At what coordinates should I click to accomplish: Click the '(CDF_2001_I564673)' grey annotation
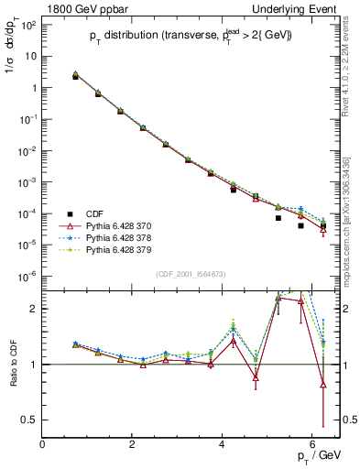[x=191, y=275]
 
